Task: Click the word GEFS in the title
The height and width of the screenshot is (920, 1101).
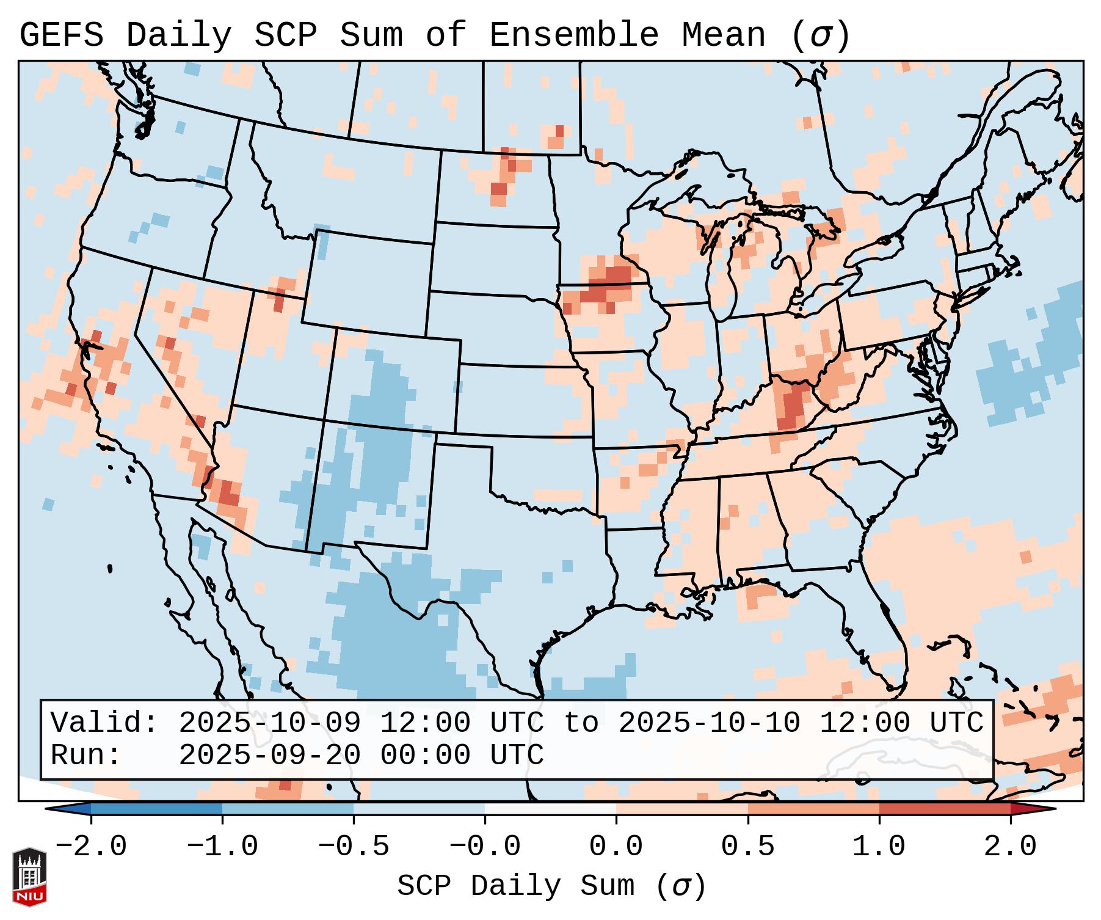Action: [x=62, y=35]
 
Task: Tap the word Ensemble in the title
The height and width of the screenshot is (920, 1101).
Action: [x=574, y=35]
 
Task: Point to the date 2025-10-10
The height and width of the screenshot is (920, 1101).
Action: [x=709, y=723]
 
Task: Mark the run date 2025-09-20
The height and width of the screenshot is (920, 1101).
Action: [x=269, y=756]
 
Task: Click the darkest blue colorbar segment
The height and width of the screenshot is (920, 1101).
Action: [x=156, y=809]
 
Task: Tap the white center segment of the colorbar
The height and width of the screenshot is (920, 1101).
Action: [x=550, y=809]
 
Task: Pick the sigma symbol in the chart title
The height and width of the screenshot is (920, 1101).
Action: [x=820, y=35]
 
